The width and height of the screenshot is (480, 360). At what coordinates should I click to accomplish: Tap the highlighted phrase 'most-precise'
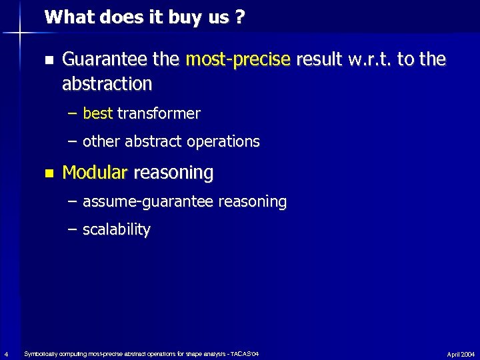click(x=239, y=60)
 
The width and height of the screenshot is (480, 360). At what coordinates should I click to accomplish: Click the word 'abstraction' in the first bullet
click(x=107, y=84)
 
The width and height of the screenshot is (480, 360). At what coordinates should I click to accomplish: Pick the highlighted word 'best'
click(x=98, y=114)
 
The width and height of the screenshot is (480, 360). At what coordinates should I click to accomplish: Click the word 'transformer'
click(x=159, y=114)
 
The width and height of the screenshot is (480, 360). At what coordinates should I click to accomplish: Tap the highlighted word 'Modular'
click(x=94, y=173)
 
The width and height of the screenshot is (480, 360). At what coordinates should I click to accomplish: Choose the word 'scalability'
click(x=117, y=230)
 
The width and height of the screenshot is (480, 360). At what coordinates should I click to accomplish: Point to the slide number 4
click(x=5, y=353)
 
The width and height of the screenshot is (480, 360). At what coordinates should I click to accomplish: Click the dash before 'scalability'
click(x=72, y=230)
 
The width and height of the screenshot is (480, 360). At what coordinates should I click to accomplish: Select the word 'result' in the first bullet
click(x=317, y=60)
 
